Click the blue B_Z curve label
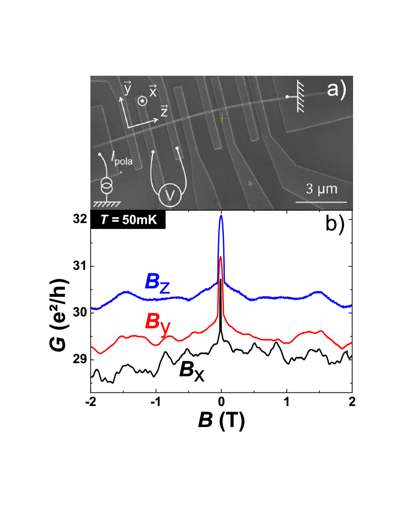tap(157, 283)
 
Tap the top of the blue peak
tap(221, 216)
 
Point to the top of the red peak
tap(221, 257)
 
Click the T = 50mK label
tap(128, 220)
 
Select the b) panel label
tap(335, 224)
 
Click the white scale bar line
tap(321, 202)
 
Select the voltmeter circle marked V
tap(170, 196)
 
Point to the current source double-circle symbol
tap(106, 187)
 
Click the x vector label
tap(153, 91)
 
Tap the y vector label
tap(127, 89)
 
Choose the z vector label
tap(164, 111)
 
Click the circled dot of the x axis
tap(142, 101)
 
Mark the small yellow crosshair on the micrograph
tap(222, 117)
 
